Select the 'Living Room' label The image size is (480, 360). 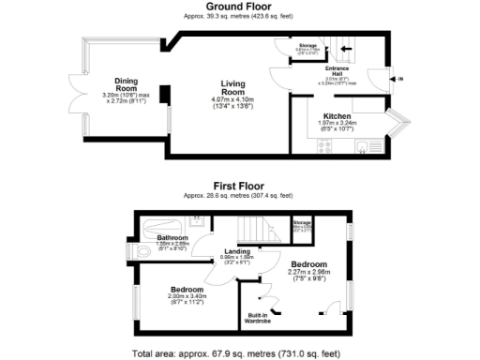click(x=227, y=87)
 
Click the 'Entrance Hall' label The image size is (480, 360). click(x=337, y=71)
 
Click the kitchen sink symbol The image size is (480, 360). click(x=362, y=145)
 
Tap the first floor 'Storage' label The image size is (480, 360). click(x=303, y=222)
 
